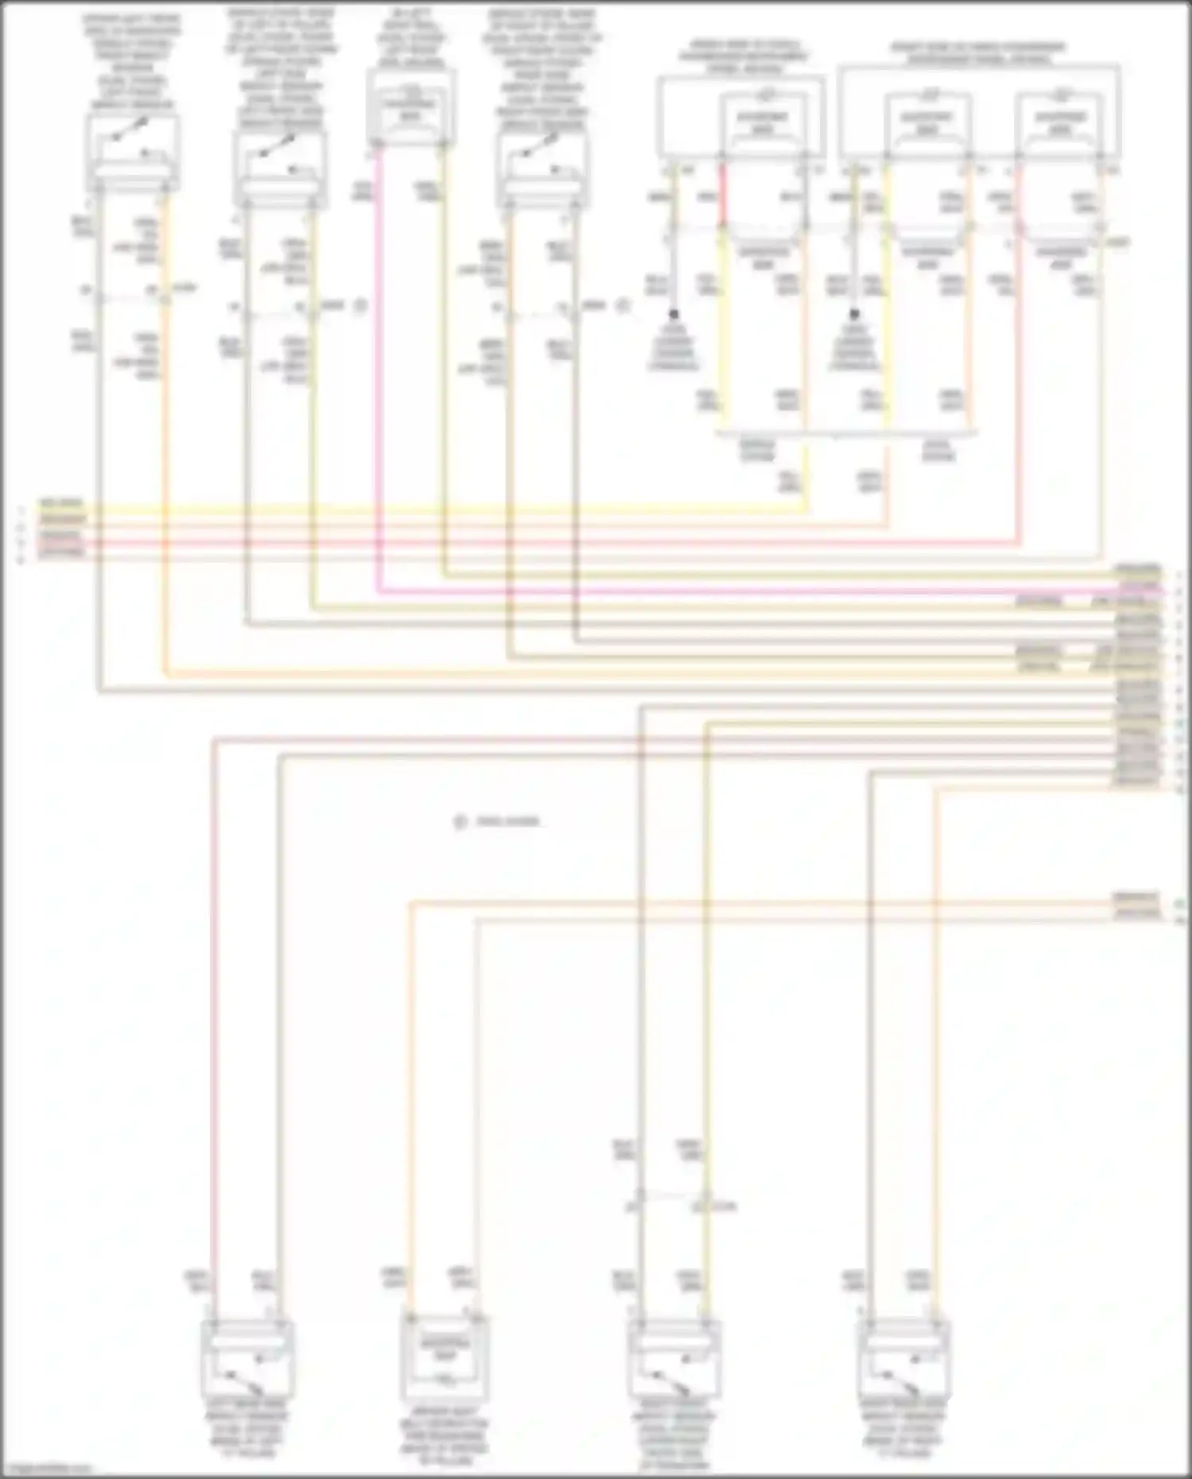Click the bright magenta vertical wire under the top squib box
coord(378,358)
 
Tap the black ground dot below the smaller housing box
coord(674,315)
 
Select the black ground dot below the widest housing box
coord(854,315)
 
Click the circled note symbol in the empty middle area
coord(459,822)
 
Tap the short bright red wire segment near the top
coord(722,195)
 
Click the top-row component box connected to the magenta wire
coord(412,107)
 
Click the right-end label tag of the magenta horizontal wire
coord(1138,589)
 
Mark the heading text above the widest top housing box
coord(977,53)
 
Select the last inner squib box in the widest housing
coord(1060,123)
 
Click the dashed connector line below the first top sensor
coord(131,299)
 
